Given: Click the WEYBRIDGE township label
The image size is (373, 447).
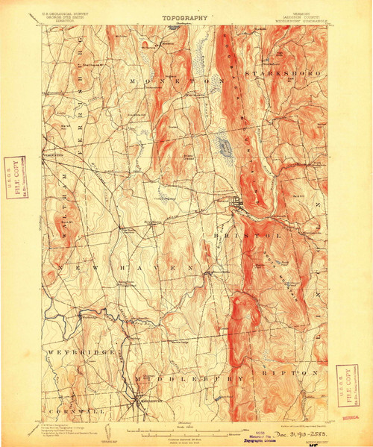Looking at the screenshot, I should coord(82,350).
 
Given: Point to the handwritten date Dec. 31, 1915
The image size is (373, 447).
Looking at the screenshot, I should coord(287,433).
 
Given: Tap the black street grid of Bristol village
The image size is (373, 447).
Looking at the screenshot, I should coord(236,201).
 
